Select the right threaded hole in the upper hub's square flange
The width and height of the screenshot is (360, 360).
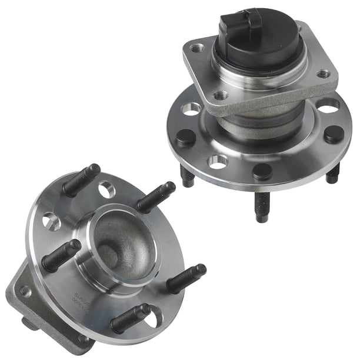[323, 74]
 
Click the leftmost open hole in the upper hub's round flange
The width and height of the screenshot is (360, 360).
[191, 109]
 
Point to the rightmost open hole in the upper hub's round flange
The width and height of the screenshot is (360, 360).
[328, 105]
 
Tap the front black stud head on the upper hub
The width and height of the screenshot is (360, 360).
[262, 171]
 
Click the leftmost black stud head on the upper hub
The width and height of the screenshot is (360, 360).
[185, 138]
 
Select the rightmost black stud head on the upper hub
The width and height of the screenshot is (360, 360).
[334, 134]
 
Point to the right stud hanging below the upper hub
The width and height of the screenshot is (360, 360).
[333, 173]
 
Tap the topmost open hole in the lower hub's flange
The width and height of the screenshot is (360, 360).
[106, 189]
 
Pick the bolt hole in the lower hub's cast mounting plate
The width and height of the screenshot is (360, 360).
[25, 291]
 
